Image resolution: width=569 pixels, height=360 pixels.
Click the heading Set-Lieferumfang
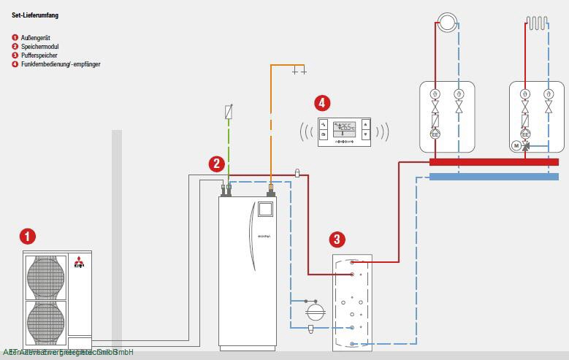[x=35, y=15]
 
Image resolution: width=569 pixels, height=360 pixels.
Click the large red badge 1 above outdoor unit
[x=28, y=236]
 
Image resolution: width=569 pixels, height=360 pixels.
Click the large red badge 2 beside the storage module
[x=216, y=164]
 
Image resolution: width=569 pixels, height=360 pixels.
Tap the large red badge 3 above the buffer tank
[x=336, y=239]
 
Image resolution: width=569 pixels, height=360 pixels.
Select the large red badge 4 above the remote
[x=322, y=102]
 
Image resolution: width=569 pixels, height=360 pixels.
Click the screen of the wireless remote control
[x=344, y=127]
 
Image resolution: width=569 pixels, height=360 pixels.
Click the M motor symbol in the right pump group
[x=516, y=146]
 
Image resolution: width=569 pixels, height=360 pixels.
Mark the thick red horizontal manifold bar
[x=494, y=162]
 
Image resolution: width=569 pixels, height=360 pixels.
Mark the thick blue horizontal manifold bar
[x=494, y=176]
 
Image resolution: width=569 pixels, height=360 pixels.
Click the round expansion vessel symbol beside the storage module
[x=314, y=310]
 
